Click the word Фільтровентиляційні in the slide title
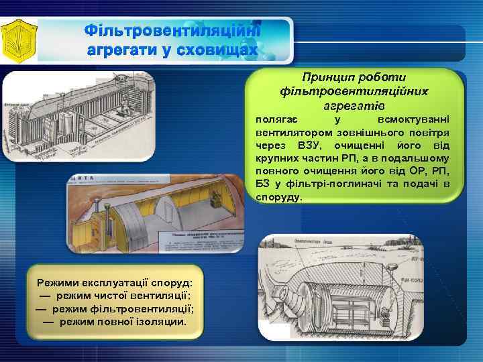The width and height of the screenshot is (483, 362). (172, 32)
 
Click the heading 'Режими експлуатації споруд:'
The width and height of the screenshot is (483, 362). (115, 283)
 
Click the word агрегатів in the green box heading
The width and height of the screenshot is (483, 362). (355, 106)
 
